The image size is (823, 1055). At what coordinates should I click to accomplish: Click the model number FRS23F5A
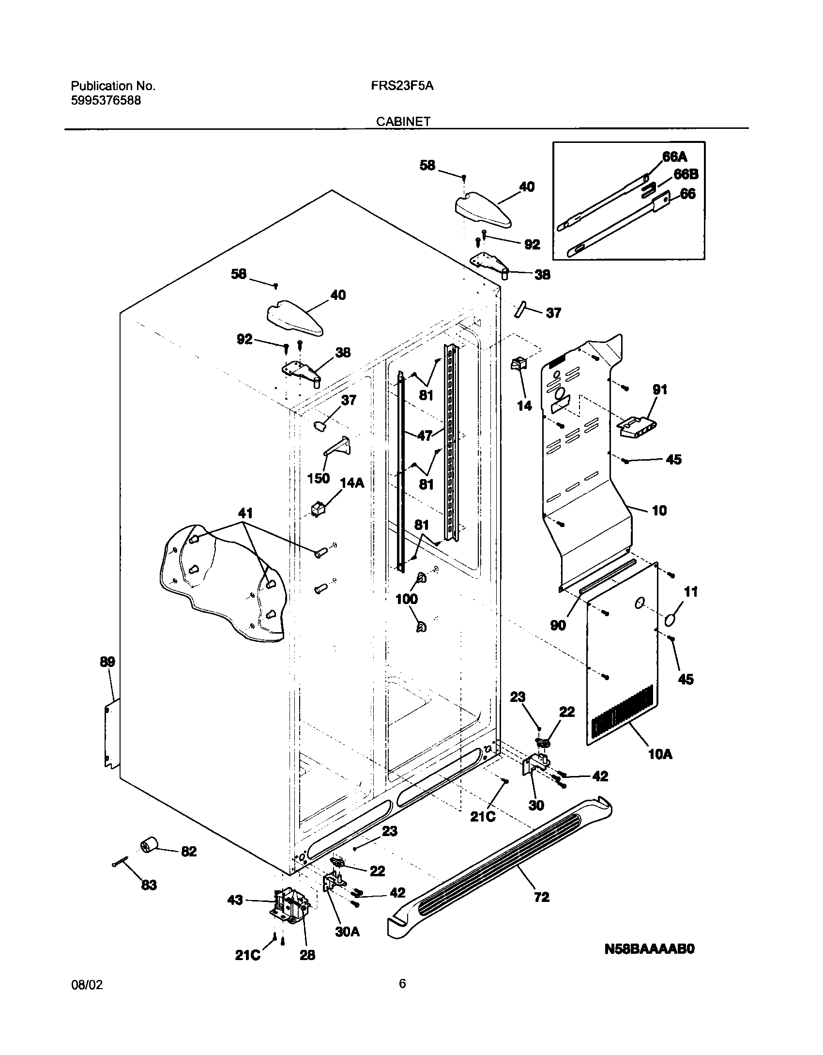pos(402,86)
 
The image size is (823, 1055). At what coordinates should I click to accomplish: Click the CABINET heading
pos(403,122)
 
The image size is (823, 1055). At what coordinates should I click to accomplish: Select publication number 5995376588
pos(106,101)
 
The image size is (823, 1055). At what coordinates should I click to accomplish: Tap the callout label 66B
pos(686,174)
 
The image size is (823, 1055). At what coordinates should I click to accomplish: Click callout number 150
pos(319,479)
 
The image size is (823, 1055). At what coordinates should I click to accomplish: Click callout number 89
pos(107,662)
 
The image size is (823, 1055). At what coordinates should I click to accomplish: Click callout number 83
pos(149,885)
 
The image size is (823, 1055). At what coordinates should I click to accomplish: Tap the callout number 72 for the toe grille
pos(541,897)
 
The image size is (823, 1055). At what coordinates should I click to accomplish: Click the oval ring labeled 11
pos(671,621)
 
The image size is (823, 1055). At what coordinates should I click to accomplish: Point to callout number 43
pos(235,901)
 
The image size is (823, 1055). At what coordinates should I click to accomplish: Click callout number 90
pos(558,625)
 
